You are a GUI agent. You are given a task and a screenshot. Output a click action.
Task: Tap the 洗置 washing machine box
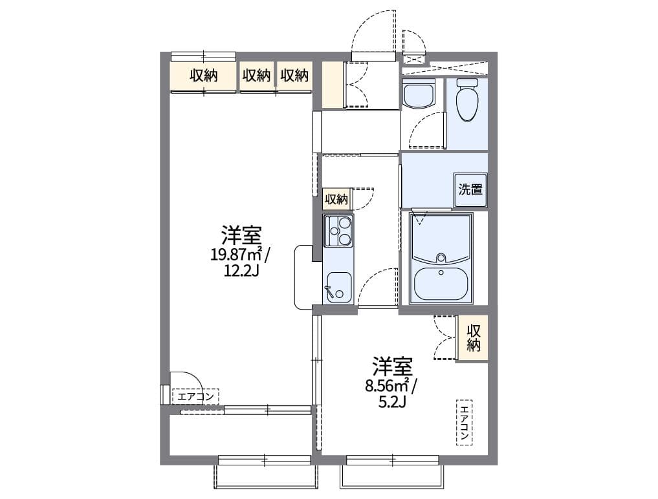[470, 190]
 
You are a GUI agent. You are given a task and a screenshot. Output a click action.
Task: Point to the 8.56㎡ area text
[391, 387]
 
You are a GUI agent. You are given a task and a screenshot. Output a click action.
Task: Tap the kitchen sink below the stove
[338, 287]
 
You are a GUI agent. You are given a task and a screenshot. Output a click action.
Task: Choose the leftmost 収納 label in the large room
[203, 76]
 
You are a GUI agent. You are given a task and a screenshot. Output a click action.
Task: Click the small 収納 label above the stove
[336, 199]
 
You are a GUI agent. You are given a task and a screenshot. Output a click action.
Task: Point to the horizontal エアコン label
[195, 396]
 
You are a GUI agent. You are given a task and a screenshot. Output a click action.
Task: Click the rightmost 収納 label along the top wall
[294, 76]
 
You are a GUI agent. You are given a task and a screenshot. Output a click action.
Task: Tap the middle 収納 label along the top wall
[256, 76]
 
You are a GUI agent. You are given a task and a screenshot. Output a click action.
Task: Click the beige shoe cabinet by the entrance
[333, 85]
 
